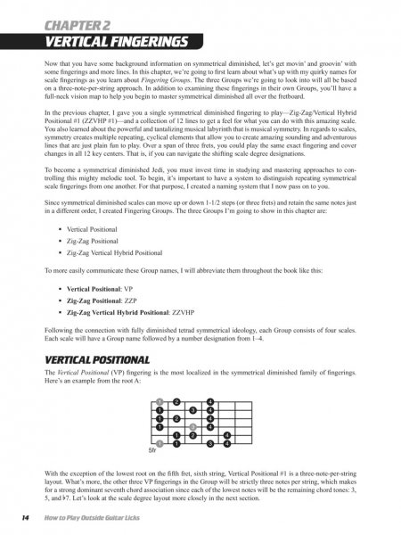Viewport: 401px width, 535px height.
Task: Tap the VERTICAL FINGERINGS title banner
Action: (105, 42)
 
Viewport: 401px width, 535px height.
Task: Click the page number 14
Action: (16, 519)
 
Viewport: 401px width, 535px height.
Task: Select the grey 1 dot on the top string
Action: (159, 401)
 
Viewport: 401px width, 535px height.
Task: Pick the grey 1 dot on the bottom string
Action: (159, 442)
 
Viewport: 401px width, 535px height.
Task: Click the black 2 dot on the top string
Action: (176, 401)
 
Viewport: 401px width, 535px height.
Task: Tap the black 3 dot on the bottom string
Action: (210, 442)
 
